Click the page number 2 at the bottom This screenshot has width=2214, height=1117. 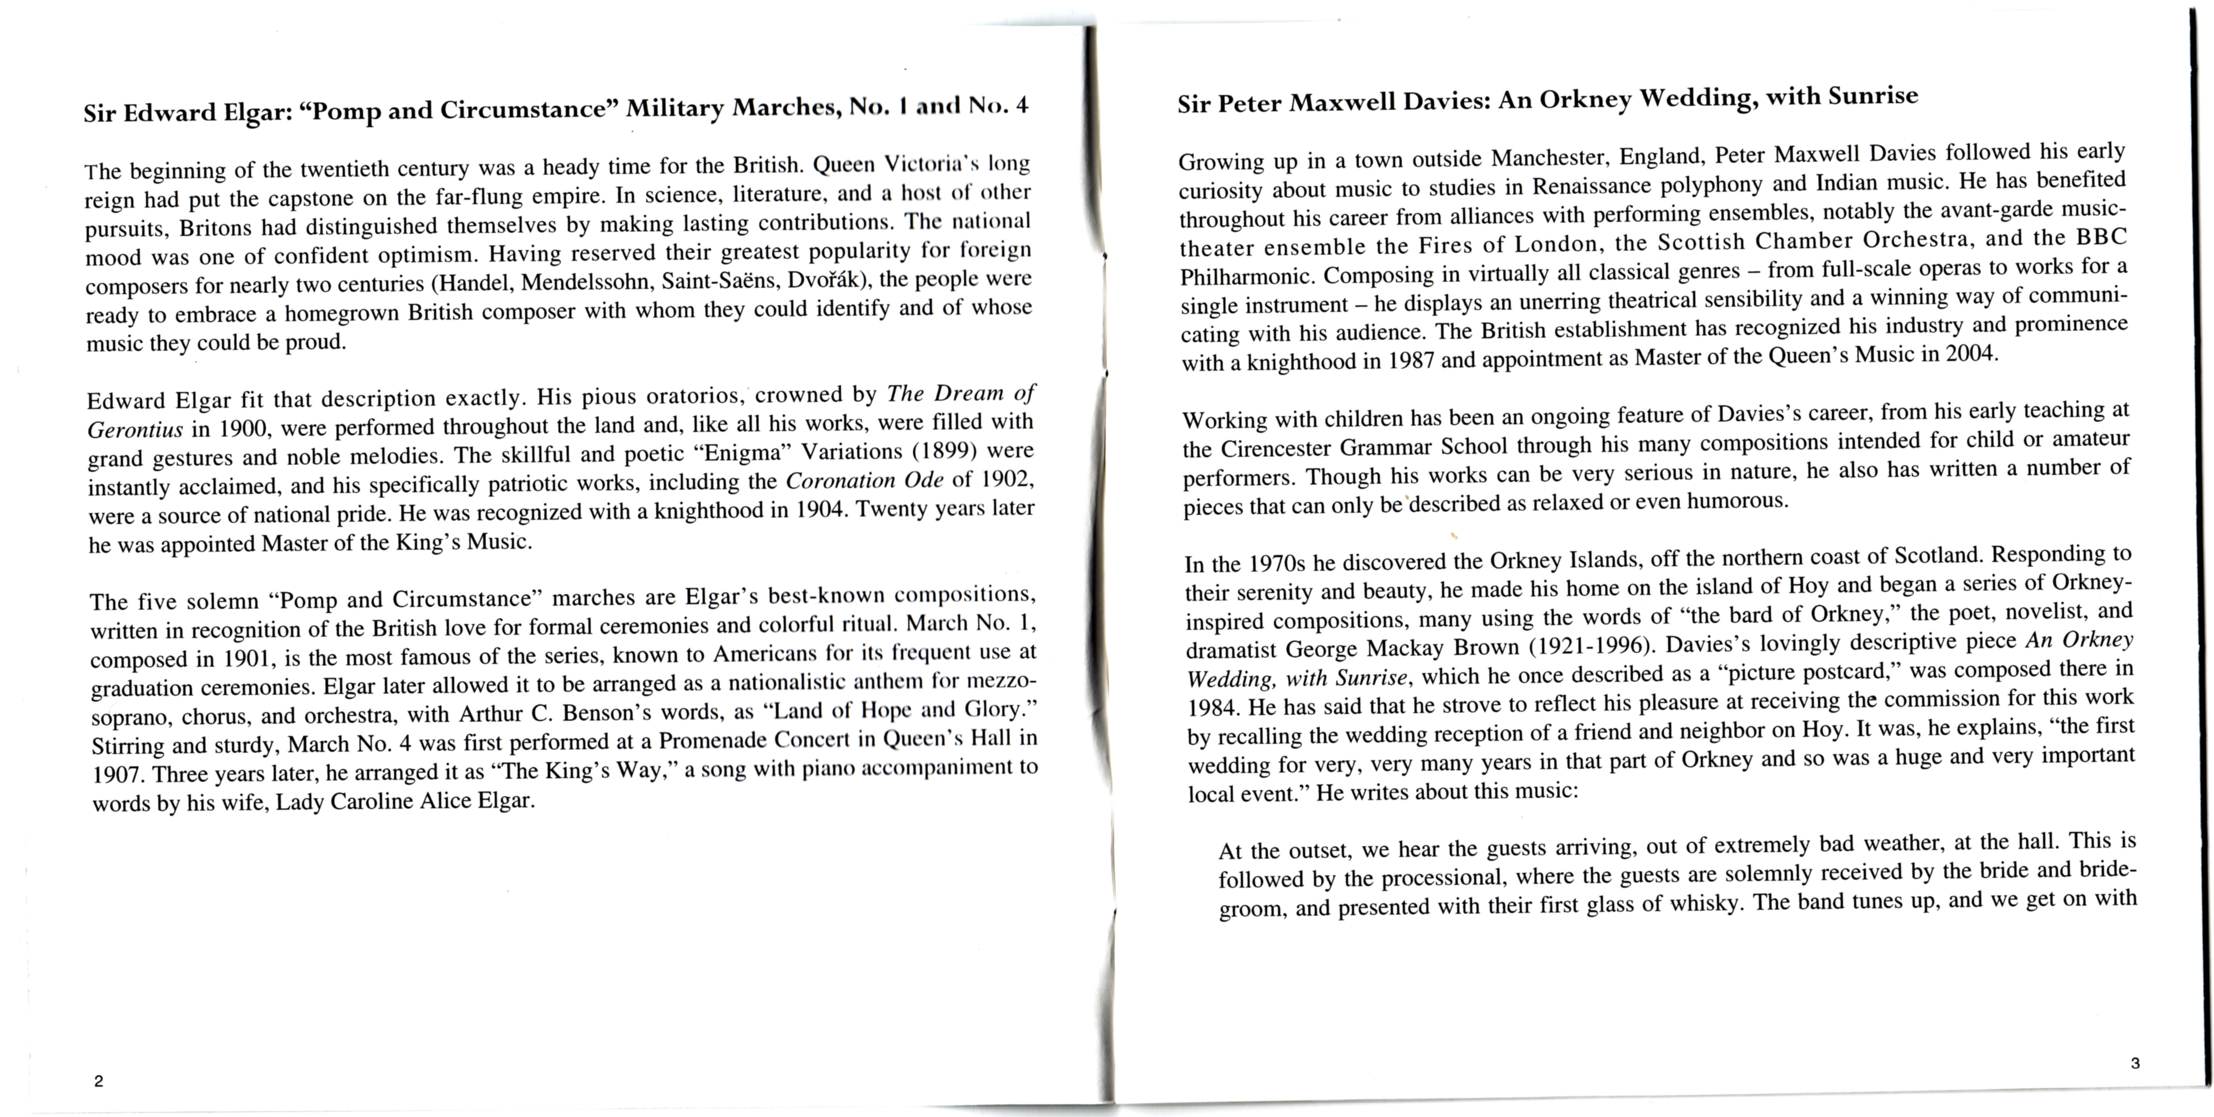pyautogui.click(x=99, y=1081)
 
